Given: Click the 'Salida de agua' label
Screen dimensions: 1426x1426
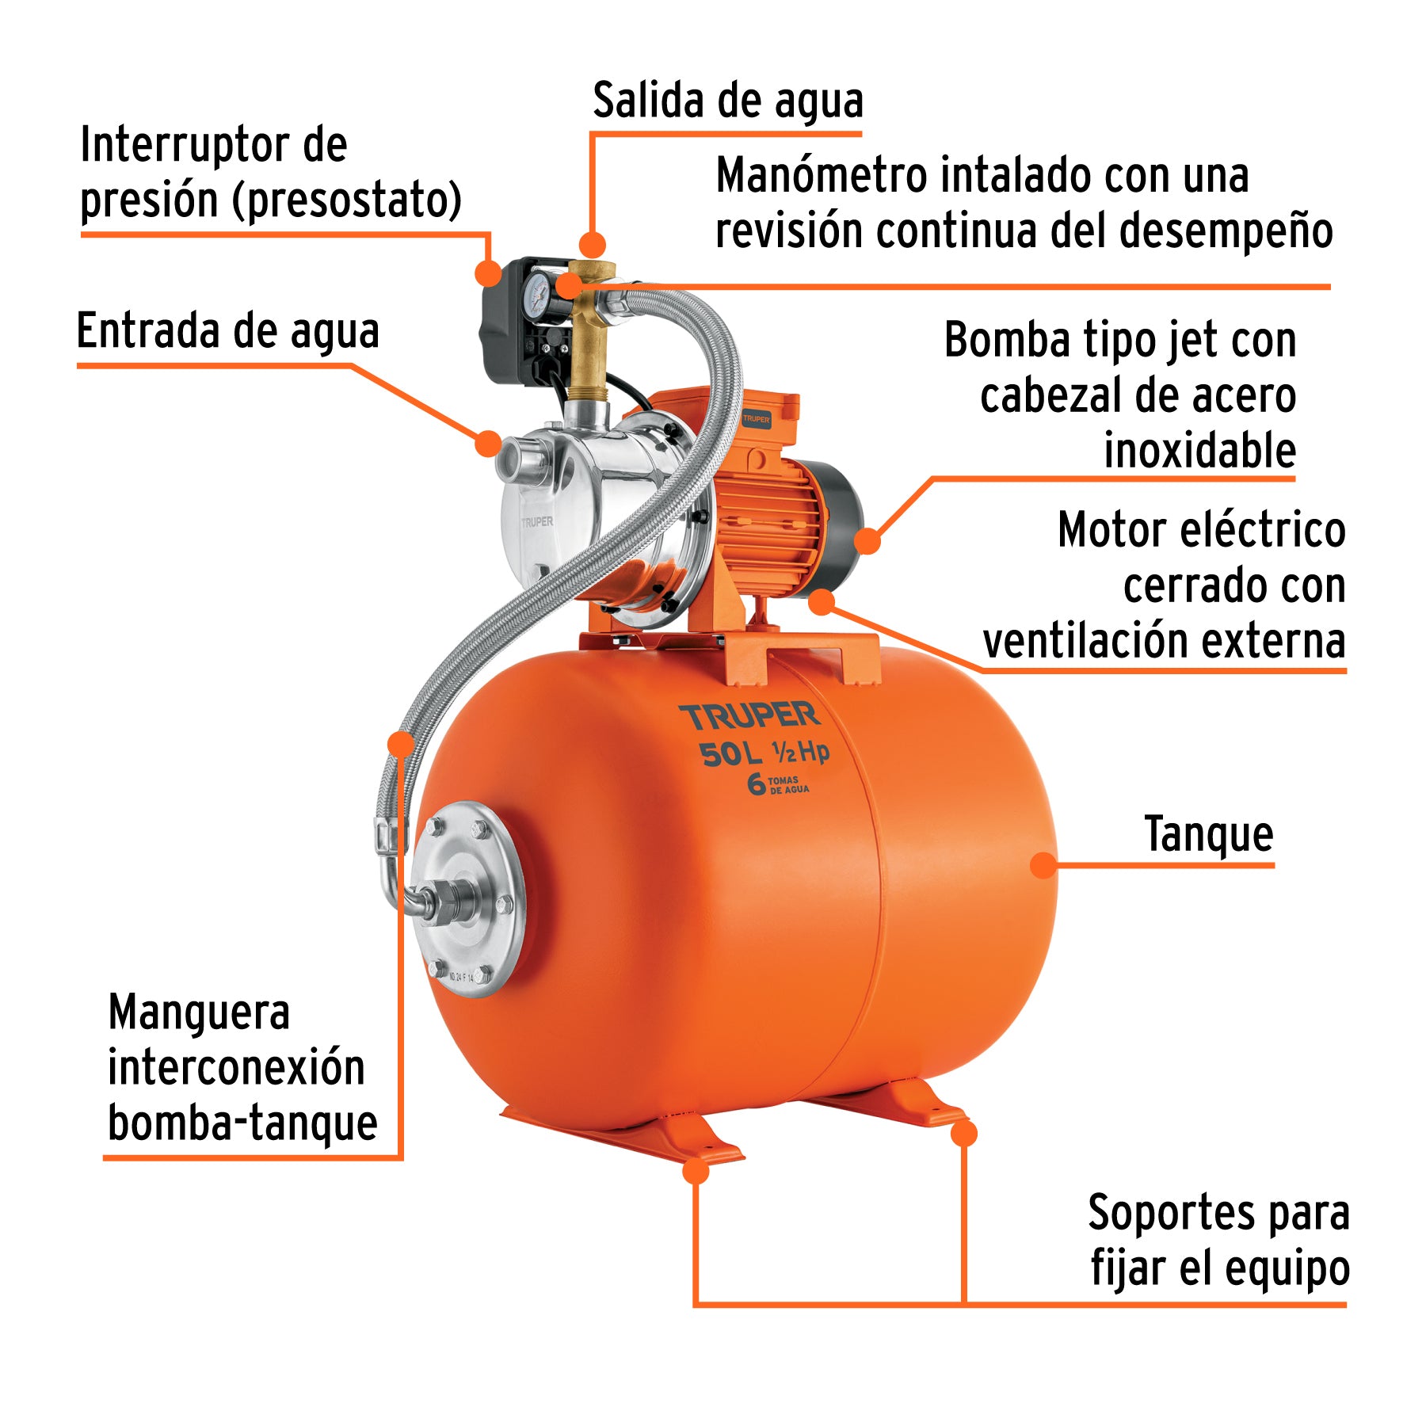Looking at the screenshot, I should (x=727, y=101).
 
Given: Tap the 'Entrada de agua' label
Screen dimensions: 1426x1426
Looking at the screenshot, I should (x=228, y=331).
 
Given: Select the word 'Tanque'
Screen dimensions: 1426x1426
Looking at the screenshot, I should (x=1208, y=834).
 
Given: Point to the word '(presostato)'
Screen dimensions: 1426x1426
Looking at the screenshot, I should (x=347, y=200).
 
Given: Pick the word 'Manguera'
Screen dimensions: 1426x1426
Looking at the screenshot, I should (x=199, y=1013).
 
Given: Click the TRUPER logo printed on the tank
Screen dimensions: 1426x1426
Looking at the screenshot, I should (x=749, y=716).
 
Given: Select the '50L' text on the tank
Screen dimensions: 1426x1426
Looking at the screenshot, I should (x=730, y=755).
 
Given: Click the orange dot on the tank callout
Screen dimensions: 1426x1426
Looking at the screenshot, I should (x=1044, y=865).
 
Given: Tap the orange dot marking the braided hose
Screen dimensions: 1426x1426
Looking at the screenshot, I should (x=402, y=743).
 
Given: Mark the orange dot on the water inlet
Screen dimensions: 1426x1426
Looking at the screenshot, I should (x=488, y=443).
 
